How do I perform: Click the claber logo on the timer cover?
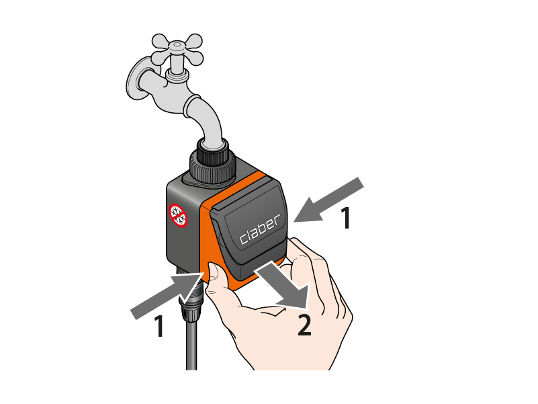coord(261,229)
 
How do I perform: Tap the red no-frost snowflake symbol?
coord(178,215)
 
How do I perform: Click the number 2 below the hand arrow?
coord(304,325)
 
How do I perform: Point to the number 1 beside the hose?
coord(159,326)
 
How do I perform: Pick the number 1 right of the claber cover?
coord(346,218)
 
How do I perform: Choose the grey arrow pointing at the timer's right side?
coord(328,200)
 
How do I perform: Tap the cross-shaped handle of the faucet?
coord(177,50)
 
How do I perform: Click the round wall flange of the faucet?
coord(136,79)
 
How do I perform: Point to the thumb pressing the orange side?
coord(216,276)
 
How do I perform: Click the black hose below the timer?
coord(191,344)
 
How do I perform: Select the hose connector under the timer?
coord(191,292)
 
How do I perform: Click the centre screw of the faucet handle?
coord(177,44)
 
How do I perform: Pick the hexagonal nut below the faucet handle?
coord(177,76)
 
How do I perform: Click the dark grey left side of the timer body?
coord(183,225)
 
